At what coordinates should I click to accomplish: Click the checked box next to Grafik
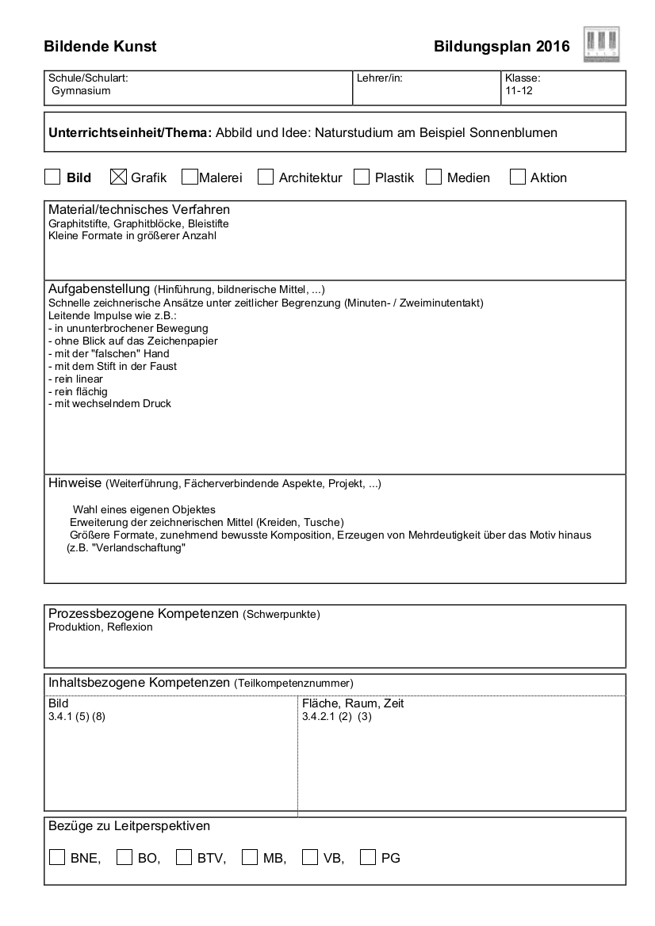(x=119, y=177)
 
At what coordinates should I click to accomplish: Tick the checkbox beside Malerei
(x=190, y=177)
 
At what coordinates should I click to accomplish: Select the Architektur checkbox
(x=266, y=177)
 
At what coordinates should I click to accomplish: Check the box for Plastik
(x=362, y=177)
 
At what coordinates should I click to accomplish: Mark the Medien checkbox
(x=434, y=177)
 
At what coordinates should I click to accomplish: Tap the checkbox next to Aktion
(x=518, y=177)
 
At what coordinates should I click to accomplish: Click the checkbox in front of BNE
(x=57, y=857)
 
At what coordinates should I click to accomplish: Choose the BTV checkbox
(x=184, y=857)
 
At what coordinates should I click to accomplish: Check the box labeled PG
(x=368, y=857)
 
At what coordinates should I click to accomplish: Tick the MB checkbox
(x=250, y=857)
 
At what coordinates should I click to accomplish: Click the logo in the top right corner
(x=601, y=44)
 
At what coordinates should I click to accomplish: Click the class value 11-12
(x=519, y=91)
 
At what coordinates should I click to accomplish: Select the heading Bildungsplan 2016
(x=501, y=47)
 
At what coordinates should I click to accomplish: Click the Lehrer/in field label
(x=380, y=78)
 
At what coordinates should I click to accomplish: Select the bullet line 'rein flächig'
(x=78, y=391)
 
